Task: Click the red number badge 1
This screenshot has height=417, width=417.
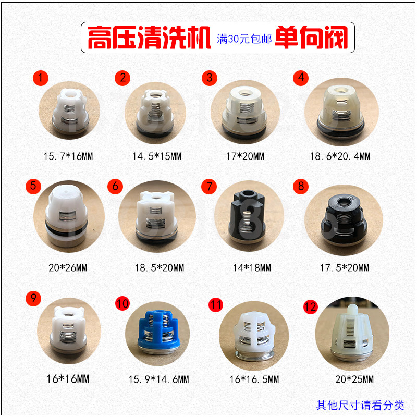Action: coord(41,78)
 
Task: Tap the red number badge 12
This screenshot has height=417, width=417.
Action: coord(311,307)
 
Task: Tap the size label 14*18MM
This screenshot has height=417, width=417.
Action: coord(252,268)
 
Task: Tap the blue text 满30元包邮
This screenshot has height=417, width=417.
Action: coord(244,39)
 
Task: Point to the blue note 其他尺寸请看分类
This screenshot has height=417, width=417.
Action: coord(360,404)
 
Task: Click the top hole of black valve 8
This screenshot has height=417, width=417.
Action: coord(345,201)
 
